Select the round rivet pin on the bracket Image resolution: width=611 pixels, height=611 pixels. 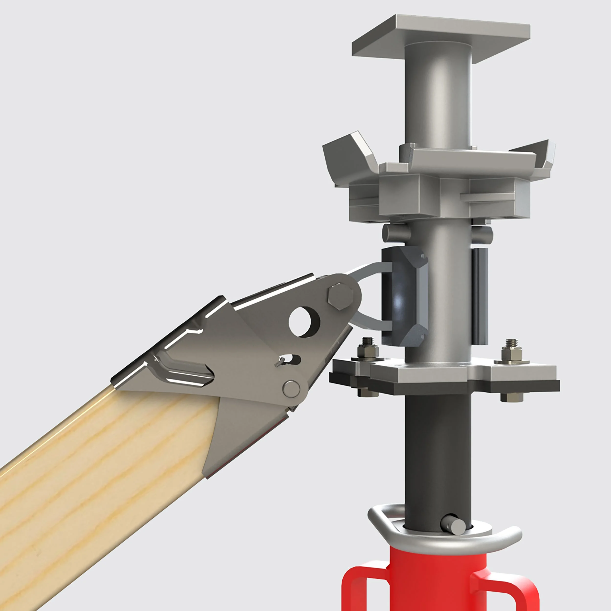[291, 389]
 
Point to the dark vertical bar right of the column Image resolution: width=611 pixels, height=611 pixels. [480, 296]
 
